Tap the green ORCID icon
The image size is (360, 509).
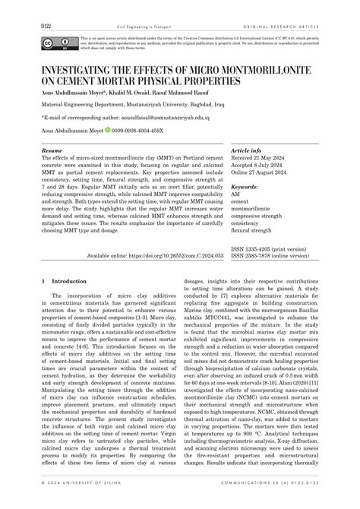(x=108, y=131)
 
